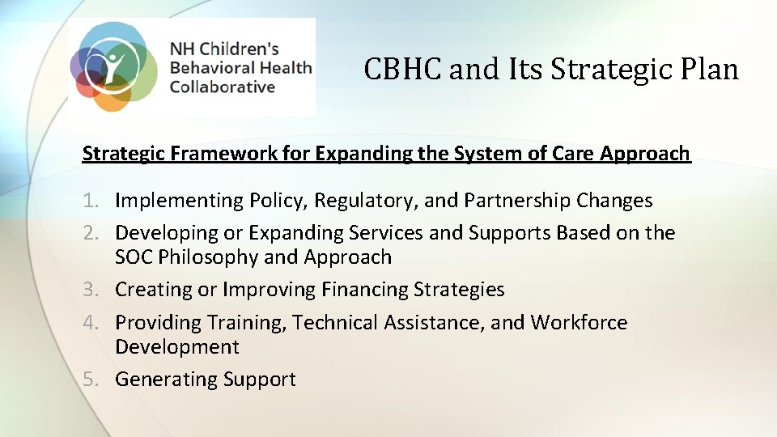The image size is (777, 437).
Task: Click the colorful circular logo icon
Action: [x=113, y=66]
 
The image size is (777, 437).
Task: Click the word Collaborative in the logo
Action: [x=222, y=87]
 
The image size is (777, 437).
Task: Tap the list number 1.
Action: [x=90, y=200]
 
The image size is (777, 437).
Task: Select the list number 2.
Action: [x=90, y=233]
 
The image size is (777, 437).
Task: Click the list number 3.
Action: [x=90, y=290]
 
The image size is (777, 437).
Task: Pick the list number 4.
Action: [x=90, y=322]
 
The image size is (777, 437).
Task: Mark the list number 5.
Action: [x=90, y=379]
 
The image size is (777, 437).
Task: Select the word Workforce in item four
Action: [x=579, y=322]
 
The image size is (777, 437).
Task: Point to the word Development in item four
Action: [x=177, y=346]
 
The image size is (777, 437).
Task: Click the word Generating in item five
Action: [x=166, y=379]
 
